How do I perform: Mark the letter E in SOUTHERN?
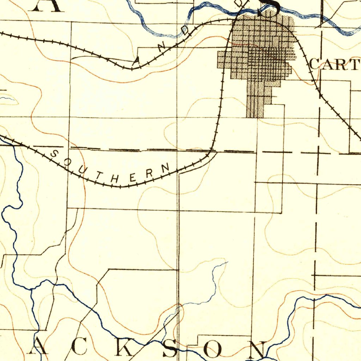pyautogui.click(x=133, y=178)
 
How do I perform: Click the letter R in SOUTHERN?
pyautogui.click(x=149, y=173)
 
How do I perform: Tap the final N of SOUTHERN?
pyautogui.click(x=165, y=166)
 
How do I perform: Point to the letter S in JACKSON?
pyautogui.click(x=169, y=350)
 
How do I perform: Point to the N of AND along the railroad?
pyautogui.click(x=162, y=47)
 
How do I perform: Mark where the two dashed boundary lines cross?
pyautogui.click(x=318, y=153)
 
